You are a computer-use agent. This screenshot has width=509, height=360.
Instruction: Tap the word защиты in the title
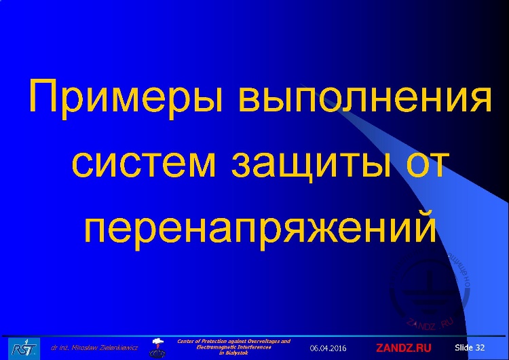tap(312, 163)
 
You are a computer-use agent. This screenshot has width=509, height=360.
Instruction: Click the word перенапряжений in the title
tap(258, 228)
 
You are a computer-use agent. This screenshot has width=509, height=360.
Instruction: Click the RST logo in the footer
tap(22, 347)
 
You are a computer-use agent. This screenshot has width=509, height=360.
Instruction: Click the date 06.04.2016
tap(328, 348)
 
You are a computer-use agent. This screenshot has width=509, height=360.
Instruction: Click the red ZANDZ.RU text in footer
tap(404, 348)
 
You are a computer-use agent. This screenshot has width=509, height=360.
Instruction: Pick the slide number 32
tap(480, 347)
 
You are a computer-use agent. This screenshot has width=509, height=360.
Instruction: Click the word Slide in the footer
tap(464, 347)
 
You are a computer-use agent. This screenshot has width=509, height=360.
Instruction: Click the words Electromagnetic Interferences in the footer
tap(233, 346)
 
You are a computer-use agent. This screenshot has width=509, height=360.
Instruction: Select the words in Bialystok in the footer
tap(233, 353)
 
